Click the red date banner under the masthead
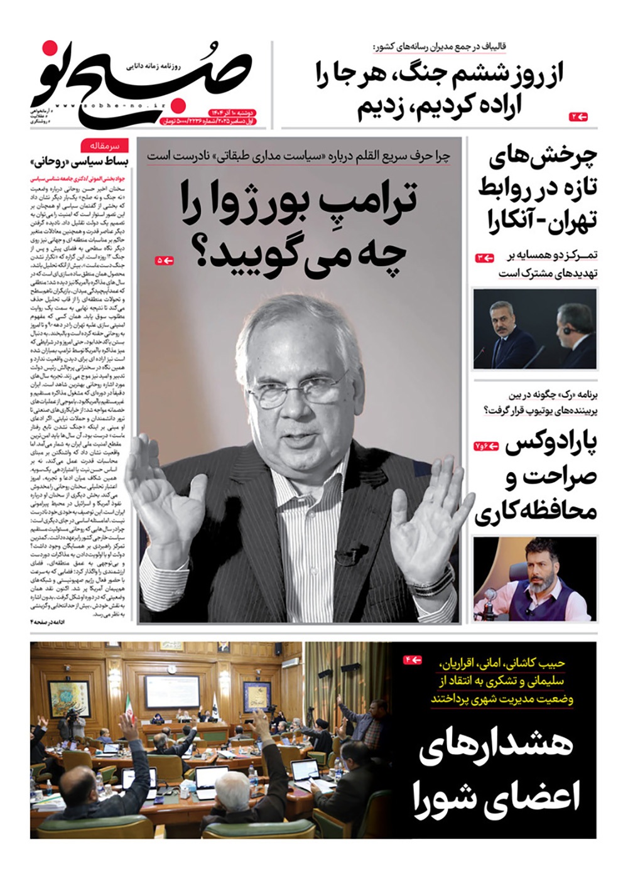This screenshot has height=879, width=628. pos(207,116)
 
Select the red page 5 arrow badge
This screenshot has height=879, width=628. pos(164,260)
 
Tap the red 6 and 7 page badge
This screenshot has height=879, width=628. pos(487,446)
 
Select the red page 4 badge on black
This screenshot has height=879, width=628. pos(413,660)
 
